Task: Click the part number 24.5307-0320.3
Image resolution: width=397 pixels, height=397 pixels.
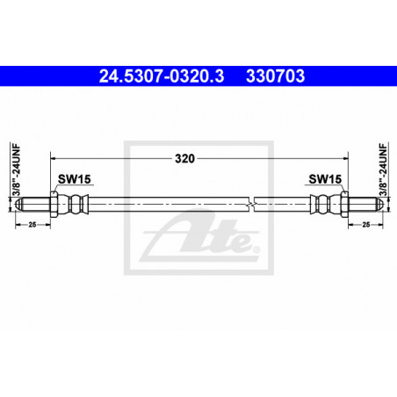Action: pos(162,76)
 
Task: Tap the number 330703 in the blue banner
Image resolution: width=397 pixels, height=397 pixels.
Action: pos(276,76)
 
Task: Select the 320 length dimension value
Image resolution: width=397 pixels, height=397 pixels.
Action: pos(184,159)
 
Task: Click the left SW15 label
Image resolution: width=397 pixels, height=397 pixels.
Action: pos(75,179)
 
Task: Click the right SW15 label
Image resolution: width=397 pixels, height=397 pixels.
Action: pos(325,179)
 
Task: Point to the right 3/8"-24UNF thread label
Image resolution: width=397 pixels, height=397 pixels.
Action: pos(383,170)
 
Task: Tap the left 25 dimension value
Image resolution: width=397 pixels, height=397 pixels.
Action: pos(32,225)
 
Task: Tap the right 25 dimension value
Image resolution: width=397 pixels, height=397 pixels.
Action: pos(366,225)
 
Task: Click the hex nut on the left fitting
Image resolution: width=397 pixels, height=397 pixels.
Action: pos(54,205)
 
